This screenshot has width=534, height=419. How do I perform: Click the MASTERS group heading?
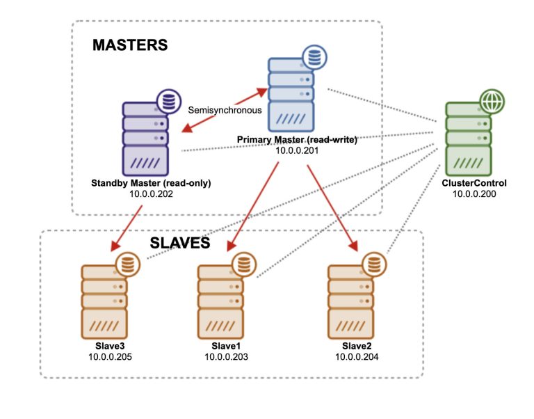(130, 45)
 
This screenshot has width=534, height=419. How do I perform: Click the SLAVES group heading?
(180, 244)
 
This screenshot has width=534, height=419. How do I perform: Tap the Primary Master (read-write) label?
(297, 140)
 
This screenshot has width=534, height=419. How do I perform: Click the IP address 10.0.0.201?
(298, 150)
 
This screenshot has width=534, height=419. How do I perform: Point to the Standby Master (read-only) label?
(151, 184)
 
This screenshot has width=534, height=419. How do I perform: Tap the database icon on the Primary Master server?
(313, 56)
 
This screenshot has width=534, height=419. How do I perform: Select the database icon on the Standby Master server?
(167, 102)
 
